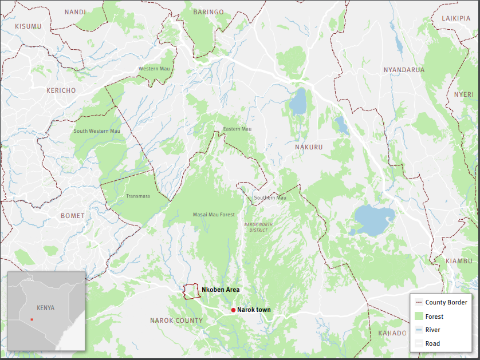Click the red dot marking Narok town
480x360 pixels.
click(233, 310)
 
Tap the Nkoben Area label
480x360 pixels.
click(221, 290)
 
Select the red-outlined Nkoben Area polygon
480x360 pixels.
click(191, 291)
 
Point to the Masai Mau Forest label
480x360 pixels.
click(214, 215)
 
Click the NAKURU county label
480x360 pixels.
click(309, 147)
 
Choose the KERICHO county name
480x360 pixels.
click(61, 90)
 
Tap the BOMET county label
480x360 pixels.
click(73, 216)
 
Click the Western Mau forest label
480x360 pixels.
click(155, 69)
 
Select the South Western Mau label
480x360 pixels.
click(97, 131)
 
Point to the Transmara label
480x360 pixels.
click(137, 196)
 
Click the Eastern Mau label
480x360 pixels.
click(237, 129)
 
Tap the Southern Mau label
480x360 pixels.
click(270, 198)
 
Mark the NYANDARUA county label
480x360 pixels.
click(404, 70)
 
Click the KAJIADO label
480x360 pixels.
click(392, 333)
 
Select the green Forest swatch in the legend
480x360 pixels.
click(418, 317)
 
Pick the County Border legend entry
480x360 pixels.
click(446, 302)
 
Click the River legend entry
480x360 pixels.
click(432, 330)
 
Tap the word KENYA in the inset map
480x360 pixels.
click(45, 307)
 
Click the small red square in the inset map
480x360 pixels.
click(33, 319)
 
